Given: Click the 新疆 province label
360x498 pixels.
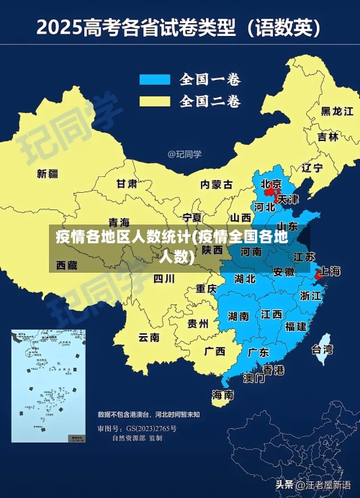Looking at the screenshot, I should [x=48, y=173].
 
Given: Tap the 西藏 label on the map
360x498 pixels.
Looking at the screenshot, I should [x=66, y=265].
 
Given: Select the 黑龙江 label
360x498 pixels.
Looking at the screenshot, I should [x=337, y=111].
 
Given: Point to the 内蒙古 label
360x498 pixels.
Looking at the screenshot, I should [x=216, y=184].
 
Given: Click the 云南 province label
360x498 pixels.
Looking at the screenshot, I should [x=149, y=336].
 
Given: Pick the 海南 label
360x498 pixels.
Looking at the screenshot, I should [x=222, y=395].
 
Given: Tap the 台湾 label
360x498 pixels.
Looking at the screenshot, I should [x=322, y=350].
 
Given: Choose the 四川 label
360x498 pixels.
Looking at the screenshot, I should [x=164, y=279].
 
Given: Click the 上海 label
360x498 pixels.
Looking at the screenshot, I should [x=330, y=271].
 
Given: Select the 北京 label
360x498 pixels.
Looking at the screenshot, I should [x=271, y=184].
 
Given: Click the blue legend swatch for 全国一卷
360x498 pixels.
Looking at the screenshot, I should [x=154, y=79].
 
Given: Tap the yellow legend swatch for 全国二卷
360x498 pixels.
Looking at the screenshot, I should [x=154, y=100].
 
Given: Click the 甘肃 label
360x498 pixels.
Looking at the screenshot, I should [x=127, y=184].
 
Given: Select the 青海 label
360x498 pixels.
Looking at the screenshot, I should [x=119, y=222].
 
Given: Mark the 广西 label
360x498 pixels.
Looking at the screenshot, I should [x=215, y=351].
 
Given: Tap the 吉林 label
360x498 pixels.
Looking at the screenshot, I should [x=328, y=136].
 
